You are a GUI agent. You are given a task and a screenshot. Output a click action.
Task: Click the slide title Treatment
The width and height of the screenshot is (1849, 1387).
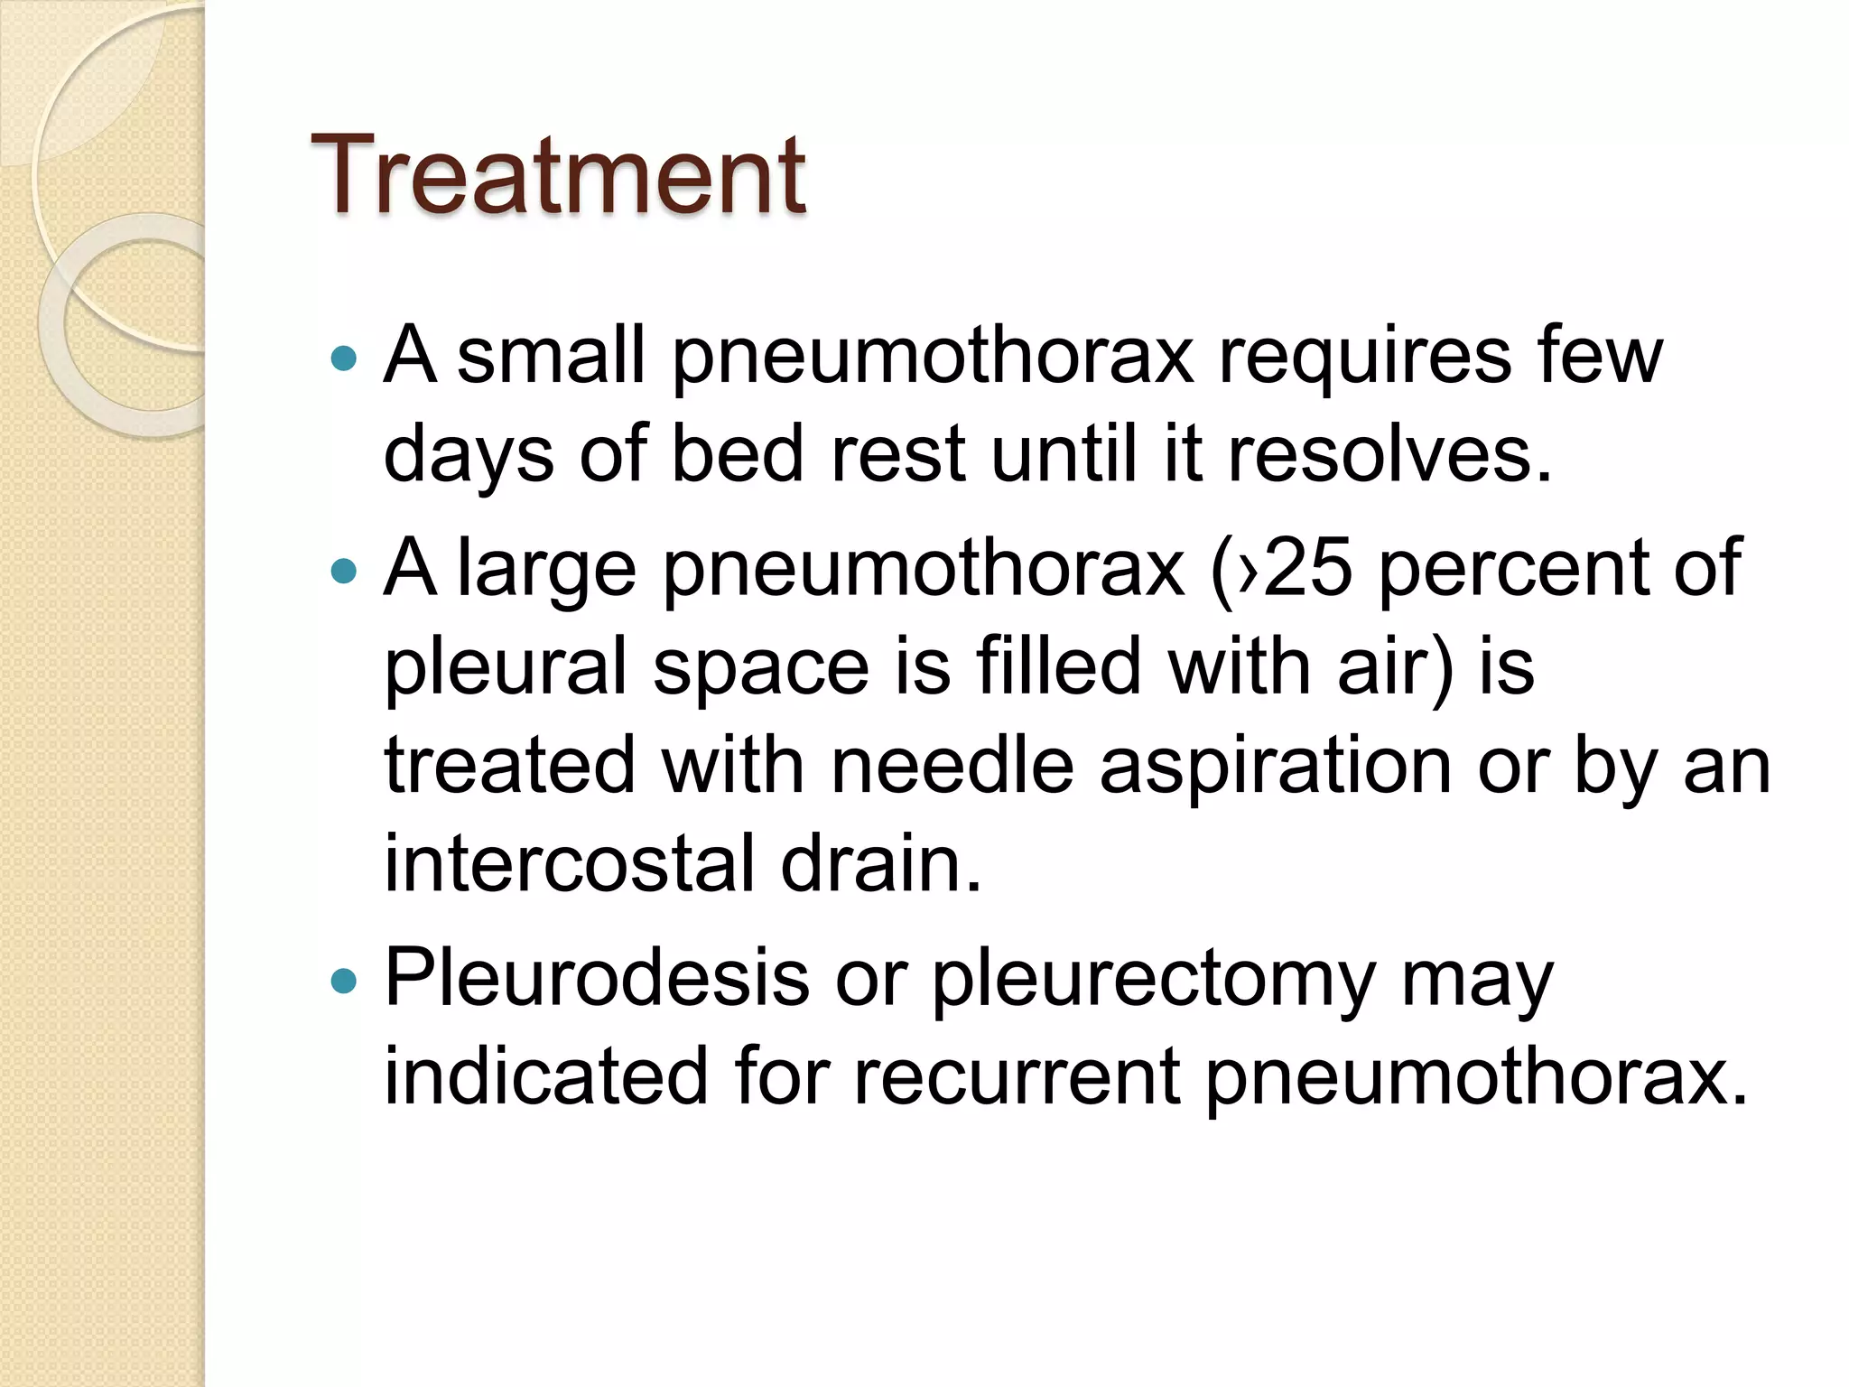(x=558, y=175)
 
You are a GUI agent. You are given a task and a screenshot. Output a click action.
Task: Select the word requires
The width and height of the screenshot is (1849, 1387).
(x=1364, y=357)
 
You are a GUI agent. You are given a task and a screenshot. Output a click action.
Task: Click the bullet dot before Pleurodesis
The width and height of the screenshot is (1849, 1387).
(x=344, y=981)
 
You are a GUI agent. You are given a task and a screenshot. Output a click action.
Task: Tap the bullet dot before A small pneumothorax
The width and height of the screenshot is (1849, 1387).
(x=344, y=358)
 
